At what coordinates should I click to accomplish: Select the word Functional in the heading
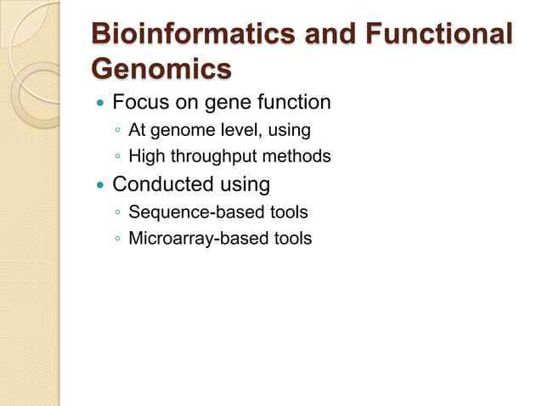(x=436, y=35)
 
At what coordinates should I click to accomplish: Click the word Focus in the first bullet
(x=138, y=103)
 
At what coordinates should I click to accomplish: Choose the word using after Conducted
(x=241, y=184)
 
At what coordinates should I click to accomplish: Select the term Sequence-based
(x=187, y=211)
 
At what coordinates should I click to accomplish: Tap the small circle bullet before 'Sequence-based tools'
(x=116, y=212)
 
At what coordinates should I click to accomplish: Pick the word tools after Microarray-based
(x=291, y=238)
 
